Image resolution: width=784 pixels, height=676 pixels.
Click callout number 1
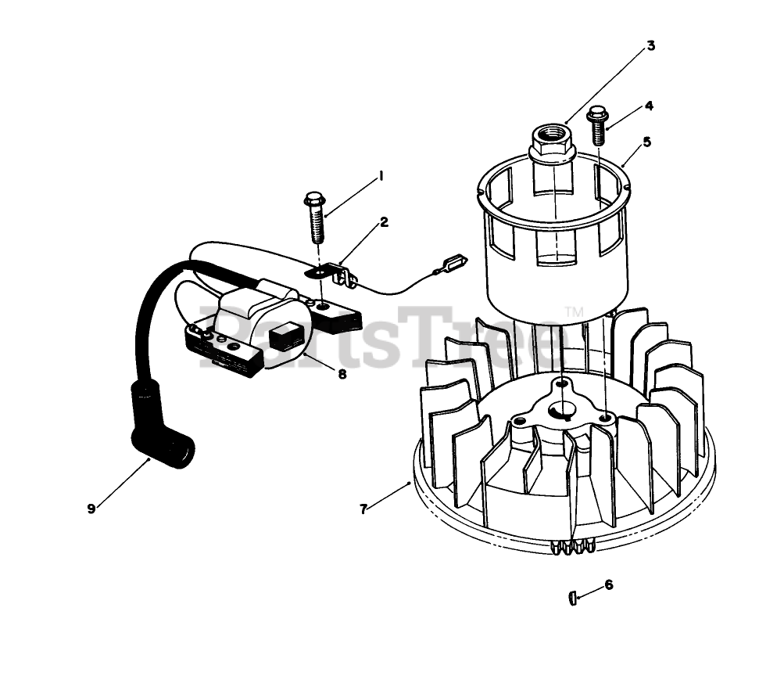(381, 177)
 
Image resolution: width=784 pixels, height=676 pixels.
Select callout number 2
(384, 222)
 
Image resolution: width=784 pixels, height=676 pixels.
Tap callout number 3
(650, 45)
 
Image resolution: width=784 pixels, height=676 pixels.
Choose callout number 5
(646, 142)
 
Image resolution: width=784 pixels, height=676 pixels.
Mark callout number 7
(363, 509)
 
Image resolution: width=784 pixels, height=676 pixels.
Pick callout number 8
(342, 374)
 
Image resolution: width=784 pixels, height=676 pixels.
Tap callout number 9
(91, 509)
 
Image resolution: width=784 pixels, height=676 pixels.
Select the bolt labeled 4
(598, 125)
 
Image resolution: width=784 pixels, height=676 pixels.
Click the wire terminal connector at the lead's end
(453, 261)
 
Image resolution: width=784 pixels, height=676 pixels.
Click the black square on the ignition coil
(285, 337)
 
